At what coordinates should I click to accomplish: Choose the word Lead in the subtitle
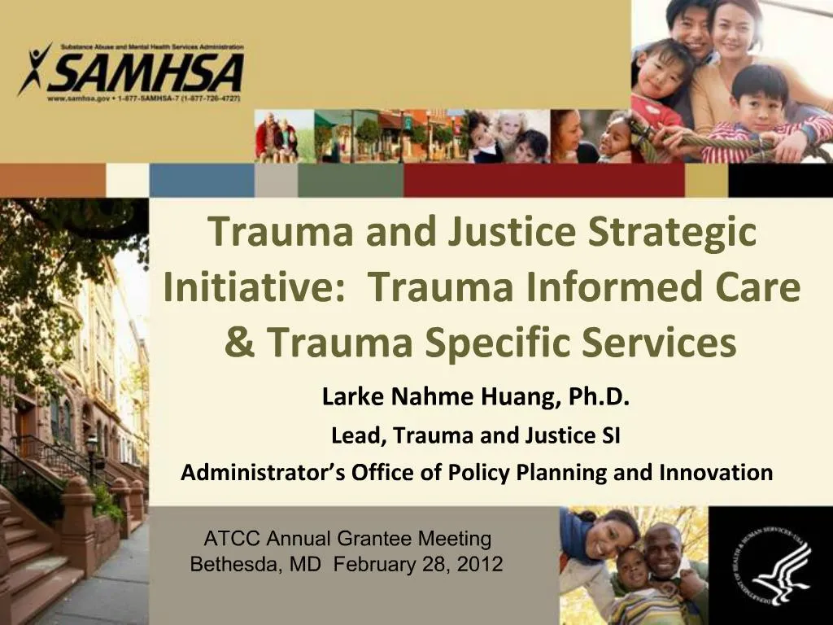point(358,436)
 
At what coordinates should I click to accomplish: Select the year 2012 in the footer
point(480,563)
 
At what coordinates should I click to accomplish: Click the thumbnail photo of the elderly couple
point(277,136)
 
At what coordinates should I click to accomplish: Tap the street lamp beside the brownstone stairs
point(91,448)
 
